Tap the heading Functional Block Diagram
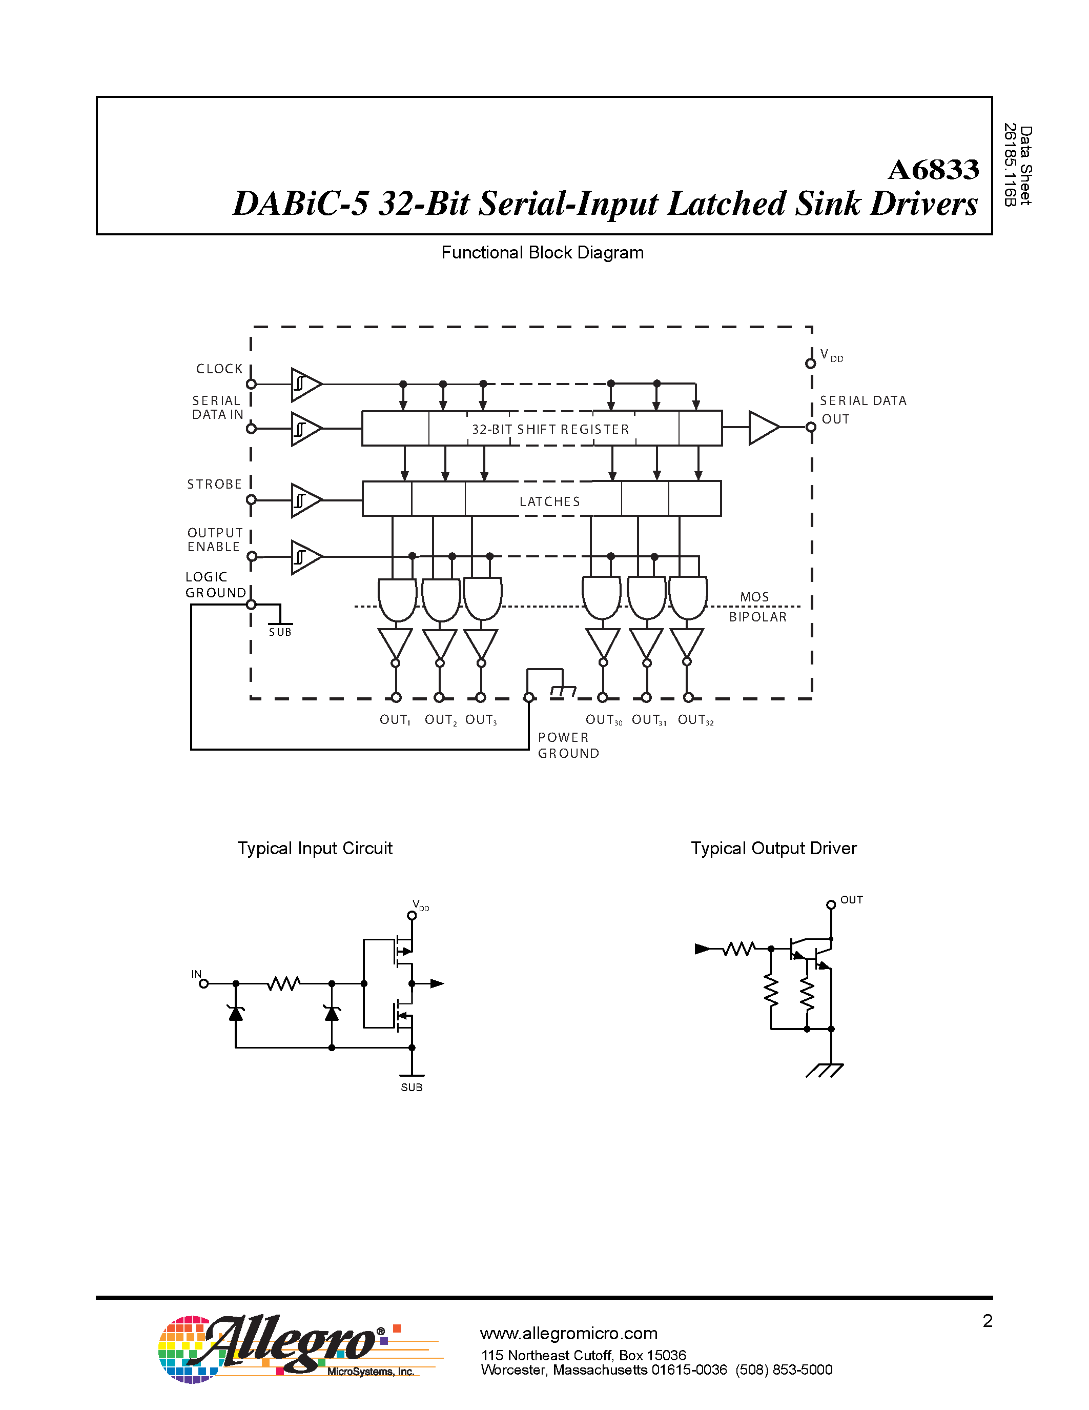tap(542, 252)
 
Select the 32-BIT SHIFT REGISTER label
tap(550, 429)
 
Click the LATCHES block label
tap(550, 501)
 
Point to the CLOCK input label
tap(219, 369)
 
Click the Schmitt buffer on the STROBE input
tap(305, 500)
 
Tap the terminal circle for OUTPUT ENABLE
tap(252, 556)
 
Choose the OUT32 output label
tap(695, 720)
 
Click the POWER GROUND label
tap(568, 745)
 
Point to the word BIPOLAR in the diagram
tap(757, 617)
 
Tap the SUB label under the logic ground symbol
tap(280, 633)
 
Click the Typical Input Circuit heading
tap(315, 849)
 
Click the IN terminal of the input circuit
tap(203, 983)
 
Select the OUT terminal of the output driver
tap(831, 904)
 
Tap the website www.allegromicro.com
tap(568, 1333)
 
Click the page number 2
tap(987, 1321)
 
